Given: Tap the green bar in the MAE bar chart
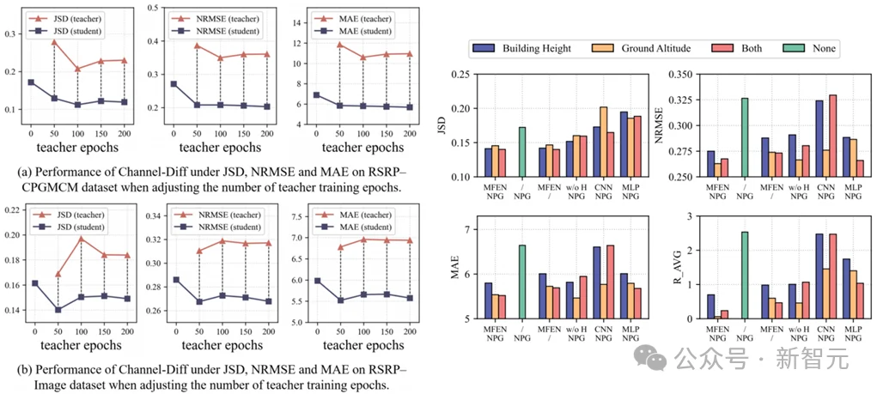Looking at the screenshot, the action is [x=522, y=282].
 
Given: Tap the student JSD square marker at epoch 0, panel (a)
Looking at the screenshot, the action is [x=31, y=82].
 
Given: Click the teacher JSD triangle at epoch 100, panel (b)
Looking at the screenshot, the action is [x=81, y=239].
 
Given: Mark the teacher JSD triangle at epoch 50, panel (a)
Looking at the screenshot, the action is [x=54, y=42].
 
